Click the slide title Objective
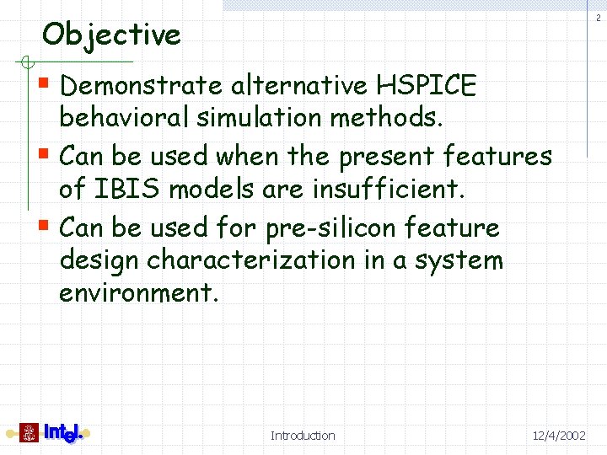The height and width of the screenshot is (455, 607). tap(111, 35)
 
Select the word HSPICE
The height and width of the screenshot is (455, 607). tap(427, 85)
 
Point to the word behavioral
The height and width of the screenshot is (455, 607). tap(124, 118)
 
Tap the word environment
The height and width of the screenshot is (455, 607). tap(138, 293)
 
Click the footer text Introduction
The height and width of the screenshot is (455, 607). tap(303, 436)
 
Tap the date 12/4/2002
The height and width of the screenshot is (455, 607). tap(558, 436)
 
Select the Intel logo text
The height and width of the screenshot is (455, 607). tap(64, 433)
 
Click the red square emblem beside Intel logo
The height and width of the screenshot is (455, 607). tap(29, 433)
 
